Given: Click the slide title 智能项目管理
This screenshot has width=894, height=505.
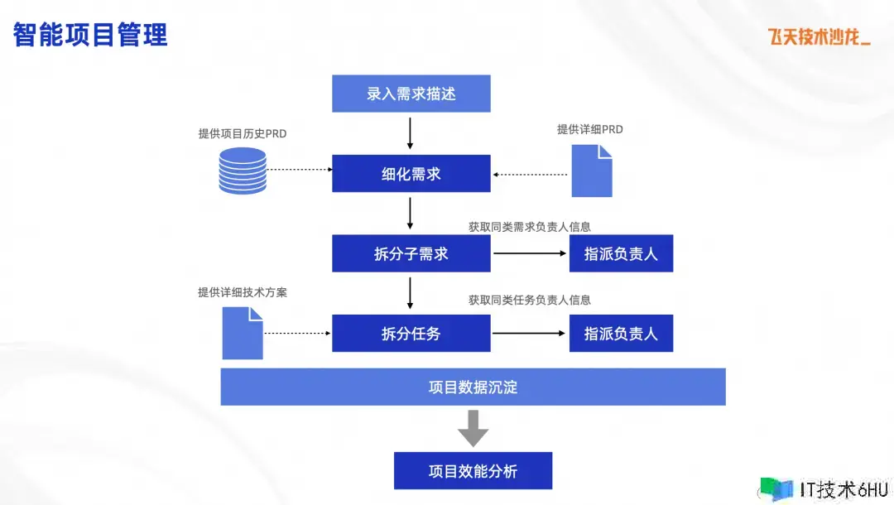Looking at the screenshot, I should pyautogui.click(x=90, y=35).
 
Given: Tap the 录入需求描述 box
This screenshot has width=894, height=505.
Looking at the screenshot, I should pyautogui.click(x=411, y=94).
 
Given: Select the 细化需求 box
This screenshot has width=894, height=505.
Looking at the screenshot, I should pyautogui.click(x=411, y=174).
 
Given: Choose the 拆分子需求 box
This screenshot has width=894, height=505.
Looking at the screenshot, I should pyautogui.click(x=411, y=253).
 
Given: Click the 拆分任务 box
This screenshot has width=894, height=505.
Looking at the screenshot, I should pyautogui.click(x=411, y=334).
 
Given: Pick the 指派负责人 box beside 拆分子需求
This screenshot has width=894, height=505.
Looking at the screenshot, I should pyautogui.click(x=621, y=253).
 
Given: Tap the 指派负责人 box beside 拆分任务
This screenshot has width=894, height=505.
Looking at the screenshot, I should pyautogui.click(x=621, y=334).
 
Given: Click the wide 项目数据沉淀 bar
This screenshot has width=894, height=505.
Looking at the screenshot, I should pyautogui.click(x=473, y=387).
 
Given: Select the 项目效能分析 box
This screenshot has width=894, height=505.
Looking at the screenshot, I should pyautogui.click(x=473, y=471).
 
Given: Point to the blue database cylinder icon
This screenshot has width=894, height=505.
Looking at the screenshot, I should pyautogui.click(x=243, y=171).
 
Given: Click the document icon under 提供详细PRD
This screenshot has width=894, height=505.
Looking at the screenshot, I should pyautogui.click(x=592, y=171).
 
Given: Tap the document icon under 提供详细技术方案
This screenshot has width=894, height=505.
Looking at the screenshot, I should pyautogui.click(x=243, y=333).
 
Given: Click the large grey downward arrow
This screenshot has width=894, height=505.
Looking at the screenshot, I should pyautogui.click(x=473, y=428).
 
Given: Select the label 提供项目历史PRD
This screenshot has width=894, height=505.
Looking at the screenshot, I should pyautogui.click(x=243, y=133).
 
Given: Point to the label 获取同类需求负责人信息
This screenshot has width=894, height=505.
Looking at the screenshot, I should pyautogui.click(x=530, y=226).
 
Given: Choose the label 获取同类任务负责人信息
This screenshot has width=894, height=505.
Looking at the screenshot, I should pyautogui.click(x=530, y=300).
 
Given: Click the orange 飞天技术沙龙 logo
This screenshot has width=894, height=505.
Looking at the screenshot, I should pyautogui.click(x=819, y=36).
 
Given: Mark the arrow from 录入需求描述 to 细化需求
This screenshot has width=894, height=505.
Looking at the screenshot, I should pyautogui.click(x=411, y=132).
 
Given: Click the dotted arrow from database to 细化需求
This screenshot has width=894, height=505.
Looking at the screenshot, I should pyautogui.click(x=299, y=169).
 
